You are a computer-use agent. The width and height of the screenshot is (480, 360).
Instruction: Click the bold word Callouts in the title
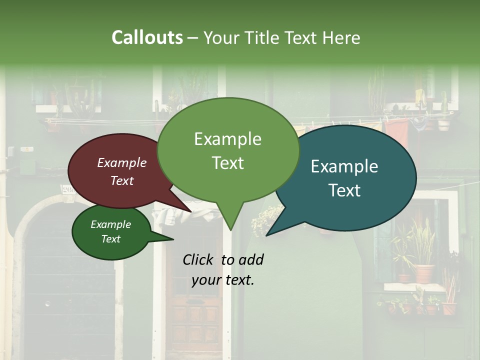pyautogui.click(x=147, y=37)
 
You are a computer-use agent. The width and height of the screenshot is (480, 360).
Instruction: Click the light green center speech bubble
pyautogui.click(x=228, y=150)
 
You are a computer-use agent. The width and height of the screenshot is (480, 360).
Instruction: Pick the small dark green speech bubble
pyautogui.click(x=111, y=232)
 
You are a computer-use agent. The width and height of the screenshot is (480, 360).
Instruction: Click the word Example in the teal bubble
pyautogui.click(x=344, y=166)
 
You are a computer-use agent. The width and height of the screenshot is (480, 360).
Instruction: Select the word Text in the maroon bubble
pyautogui.click(x=122, y=181)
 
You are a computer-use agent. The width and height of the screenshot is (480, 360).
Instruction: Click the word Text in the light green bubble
pyautogui.click(x=228, y=163)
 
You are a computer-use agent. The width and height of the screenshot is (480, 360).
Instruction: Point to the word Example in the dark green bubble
pyautogui.click(x=110, y=224)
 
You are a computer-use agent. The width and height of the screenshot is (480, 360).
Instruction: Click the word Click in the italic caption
pyautogui.click(x=200, y=259)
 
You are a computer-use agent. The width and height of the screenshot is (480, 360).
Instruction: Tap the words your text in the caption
pyautogui.click(x=223, y=280)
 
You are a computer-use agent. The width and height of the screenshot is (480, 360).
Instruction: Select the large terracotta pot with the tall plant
pyautogui.click(x=423, y=272)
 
